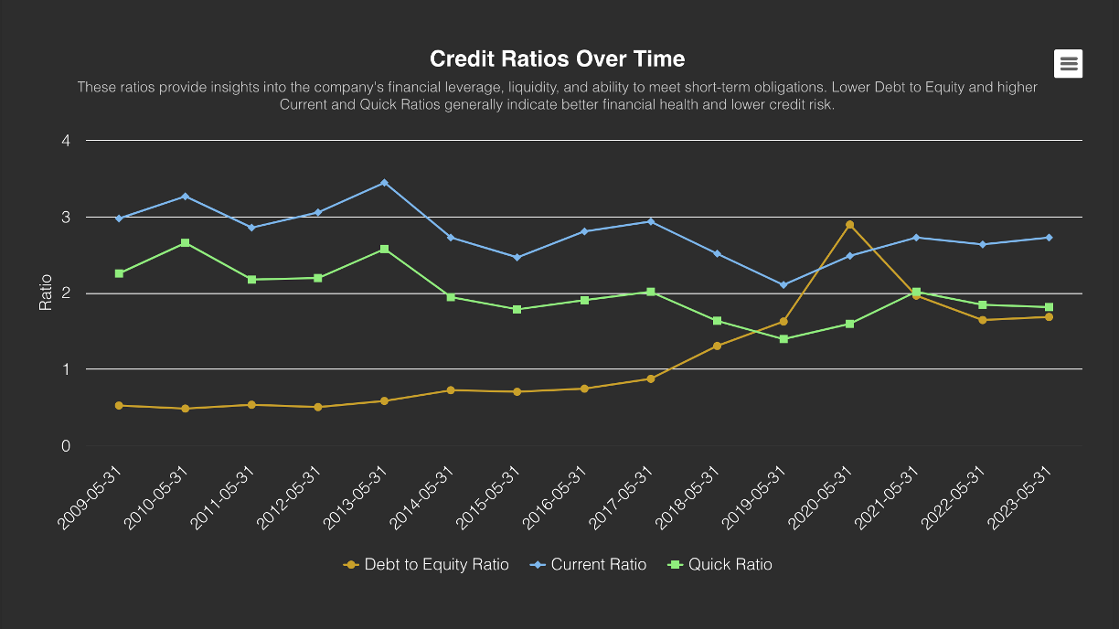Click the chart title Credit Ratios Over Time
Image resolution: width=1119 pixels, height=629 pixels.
coord(557,59)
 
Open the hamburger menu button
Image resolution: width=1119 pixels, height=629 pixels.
coord(1069,63)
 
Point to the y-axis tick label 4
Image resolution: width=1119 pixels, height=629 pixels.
coord(66,141)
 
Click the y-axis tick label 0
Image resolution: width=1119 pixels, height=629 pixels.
coord(66,446)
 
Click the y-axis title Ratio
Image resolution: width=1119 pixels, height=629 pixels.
coord(46,293)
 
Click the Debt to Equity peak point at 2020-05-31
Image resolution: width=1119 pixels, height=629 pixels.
coord(850,225)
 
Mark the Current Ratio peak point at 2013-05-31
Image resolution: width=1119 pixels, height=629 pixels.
coord(384,183)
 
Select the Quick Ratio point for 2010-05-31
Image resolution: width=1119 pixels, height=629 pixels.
coord(186,243)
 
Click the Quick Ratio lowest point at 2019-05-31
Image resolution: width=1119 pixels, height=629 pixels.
coord(783,339)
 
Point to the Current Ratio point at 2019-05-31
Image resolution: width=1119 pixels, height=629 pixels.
coord(783,285)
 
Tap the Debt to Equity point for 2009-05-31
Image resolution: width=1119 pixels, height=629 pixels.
coord(119,405)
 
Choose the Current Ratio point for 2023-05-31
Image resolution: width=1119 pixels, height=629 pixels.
coord(1049,238)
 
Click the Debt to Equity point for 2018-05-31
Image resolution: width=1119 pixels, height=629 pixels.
coord(717,346)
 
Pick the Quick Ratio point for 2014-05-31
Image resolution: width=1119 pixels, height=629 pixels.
coord(451,297)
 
